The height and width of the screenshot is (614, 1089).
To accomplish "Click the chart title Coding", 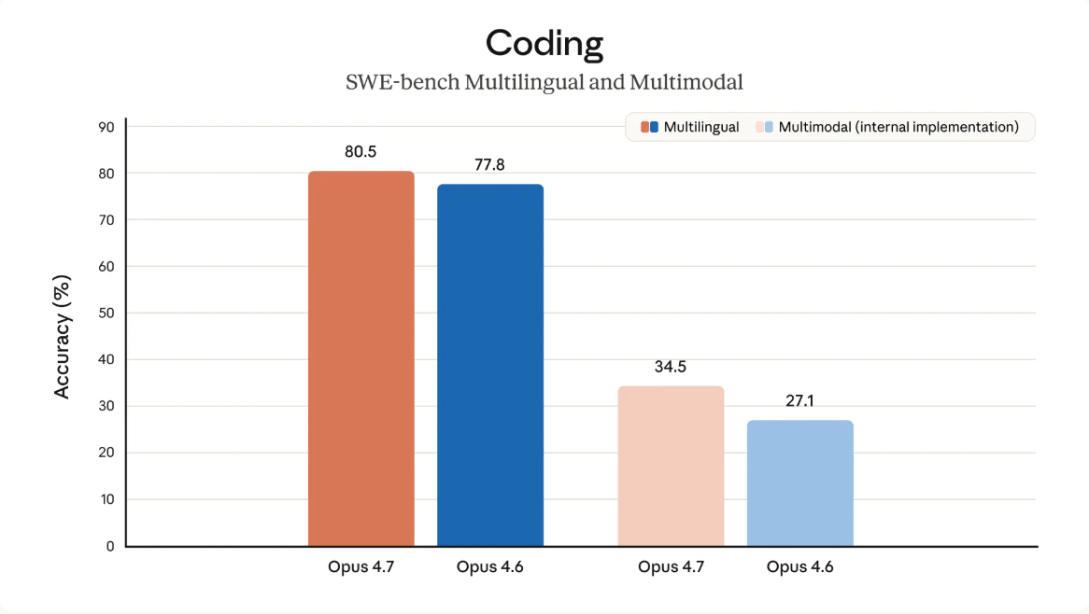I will click(x=544, y=43).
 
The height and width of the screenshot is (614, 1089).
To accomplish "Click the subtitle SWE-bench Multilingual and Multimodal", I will click(x=544, y=82).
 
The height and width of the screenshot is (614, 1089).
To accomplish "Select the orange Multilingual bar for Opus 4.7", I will click(x=361, y=358).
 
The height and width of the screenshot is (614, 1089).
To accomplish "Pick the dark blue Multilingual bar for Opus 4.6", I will click(x=490, y=365).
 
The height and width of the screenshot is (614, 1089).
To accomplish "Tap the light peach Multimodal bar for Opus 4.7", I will click(x=671, y=466).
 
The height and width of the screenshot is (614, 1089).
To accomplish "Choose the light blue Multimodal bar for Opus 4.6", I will click(x=799, y=482).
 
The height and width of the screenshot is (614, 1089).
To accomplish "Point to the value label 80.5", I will click(x=361, y=151).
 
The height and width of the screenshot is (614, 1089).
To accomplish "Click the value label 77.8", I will click(x=489, y=164).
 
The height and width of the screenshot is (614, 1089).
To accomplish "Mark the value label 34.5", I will click(x=671, y=367).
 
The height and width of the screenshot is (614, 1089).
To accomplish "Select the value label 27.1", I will click(x=799, y=400).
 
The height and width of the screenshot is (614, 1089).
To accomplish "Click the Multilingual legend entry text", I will click(x=701, y=127).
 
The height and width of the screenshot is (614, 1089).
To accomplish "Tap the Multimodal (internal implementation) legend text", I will click(x=898, y=127).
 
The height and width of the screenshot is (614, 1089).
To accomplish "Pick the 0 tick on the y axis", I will click(x=109, y=546).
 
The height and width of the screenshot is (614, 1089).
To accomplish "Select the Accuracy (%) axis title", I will click(x=63, y=337).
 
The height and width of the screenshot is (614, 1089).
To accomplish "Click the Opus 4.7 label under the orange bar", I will click(x=361, y=567).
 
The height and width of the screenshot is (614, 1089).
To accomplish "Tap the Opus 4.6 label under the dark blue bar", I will click(x=489, y=567).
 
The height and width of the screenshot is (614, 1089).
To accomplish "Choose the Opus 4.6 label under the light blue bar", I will click(x=799, y=567).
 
